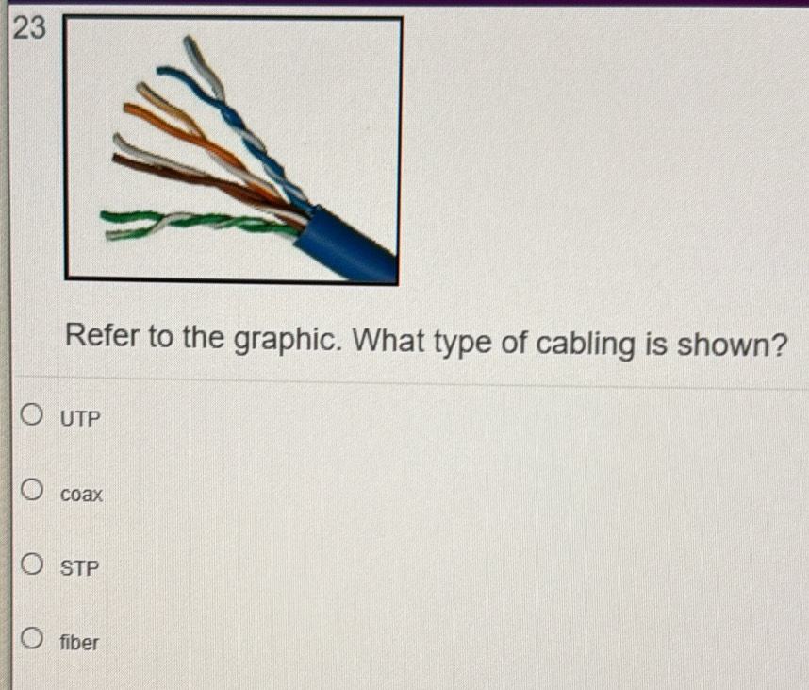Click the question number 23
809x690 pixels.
coord(30,29)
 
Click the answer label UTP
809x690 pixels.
coord(79,418)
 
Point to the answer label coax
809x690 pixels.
coord(81,494)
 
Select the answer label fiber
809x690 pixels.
coord(79,644)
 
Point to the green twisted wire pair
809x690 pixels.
coord(207,222)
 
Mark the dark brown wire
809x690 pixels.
coord(189,175)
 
